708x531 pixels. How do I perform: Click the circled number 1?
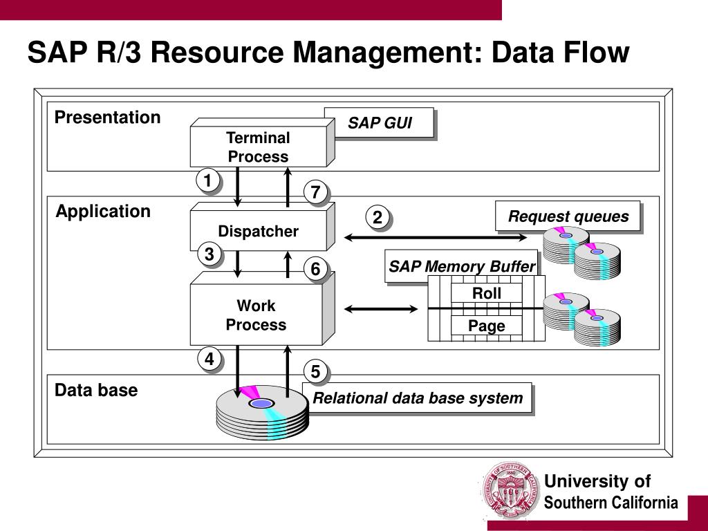coord(207,180)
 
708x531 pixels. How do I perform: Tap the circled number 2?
coord(377,217)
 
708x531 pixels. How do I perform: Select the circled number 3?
coord(209,254)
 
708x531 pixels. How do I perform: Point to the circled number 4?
coord(209,359)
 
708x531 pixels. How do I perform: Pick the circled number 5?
coord(315,371)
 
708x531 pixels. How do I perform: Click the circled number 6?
coord(315,269)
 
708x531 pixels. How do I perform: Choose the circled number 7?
coord(315,192)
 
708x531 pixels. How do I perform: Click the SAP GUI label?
coord(380,123)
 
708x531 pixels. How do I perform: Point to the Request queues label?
coord(568,216)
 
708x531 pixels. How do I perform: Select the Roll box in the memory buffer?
coord(486,293)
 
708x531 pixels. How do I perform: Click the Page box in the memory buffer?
coord(486,326)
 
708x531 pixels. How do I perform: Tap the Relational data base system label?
coord(417,398)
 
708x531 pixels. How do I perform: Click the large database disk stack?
coord(262,413)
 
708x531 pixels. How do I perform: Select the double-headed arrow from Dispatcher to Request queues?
coord(436,237)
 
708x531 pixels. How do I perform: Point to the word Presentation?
coord(107,118)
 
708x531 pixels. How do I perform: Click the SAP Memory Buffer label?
coord(462,266)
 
